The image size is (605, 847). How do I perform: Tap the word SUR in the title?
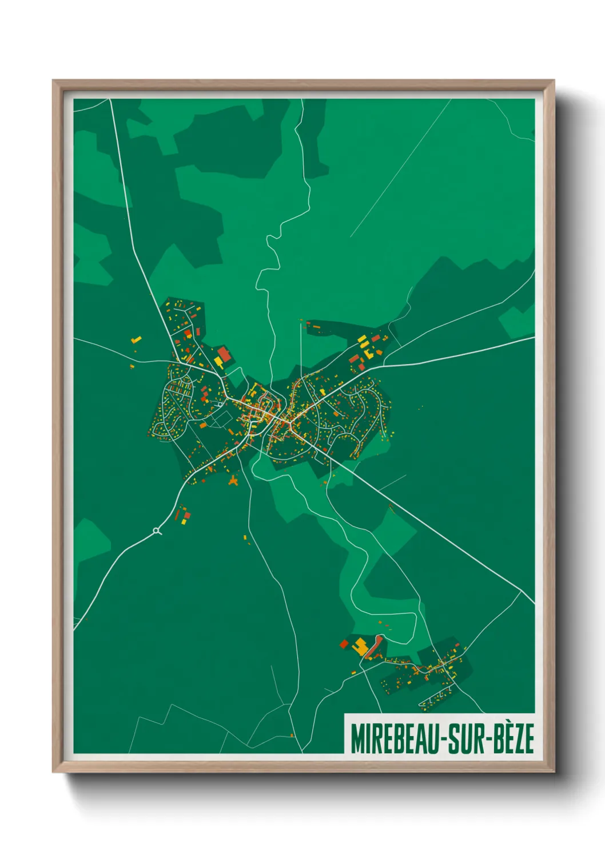[x=464, y=739]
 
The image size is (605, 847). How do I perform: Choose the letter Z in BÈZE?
[x=518, y=739]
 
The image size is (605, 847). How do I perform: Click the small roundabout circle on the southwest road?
[x=157, y=532]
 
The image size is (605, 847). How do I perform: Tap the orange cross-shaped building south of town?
[x=233, y=481]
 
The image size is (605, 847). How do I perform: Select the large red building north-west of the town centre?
[x=224, y=354]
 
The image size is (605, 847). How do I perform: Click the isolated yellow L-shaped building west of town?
[x=136, y=340]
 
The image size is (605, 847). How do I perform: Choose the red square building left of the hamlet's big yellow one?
[x=344, y=644]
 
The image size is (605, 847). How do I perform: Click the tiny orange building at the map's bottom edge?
[x=292, y=735]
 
